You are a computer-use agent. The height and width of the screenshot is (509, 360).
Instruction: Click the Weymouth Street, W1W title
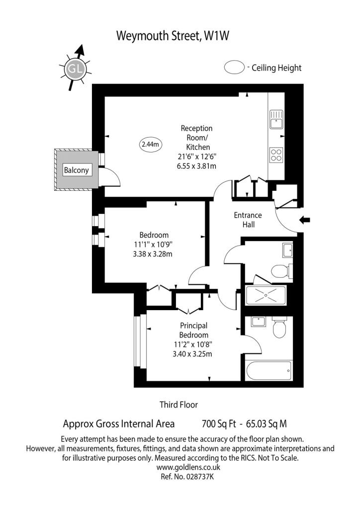[173, 36]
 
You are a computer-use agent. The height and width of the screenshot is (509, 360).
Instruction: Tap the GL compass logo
[75, 69]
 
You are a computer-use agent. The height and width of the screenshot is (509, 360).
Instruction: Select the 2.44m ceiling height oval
[151, 144]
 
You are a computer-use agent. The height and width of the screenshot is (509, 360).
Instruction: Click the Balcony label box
[76, 170]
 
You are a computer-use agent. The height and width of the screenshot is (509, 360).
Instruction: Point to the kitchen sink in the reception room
[276, 119]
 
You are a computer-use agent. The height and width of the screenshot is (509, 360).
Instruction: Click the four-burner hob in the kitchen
[276, 155]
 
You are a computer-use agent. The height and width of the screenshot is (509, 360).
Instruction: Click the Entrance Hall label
[248, 220]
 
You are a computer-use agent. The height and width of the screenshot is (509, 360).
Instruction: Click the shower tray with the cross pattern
[266, 295]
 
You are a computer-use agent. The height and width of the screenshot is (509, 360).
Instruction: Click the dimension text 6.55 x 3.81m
[197, 166]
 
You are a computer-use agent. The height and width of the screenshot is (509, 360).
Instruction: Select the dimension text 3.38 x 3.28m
[153, 254]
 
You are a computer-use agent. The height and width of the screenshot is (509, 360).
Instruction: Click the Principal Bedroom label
[193, 330]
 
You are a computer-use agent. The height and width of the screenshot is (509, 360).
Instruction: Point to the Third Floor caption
[179, 405]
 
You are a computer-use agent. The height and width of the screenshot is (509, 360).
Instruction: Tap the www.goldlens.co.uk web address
[188, 467]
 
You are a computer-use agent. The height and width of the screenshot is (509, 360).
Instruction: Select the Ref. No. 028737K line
[187, 477]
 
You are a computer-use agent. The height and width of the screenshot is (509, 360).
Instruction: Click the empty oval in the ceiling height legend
[234, 67]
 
